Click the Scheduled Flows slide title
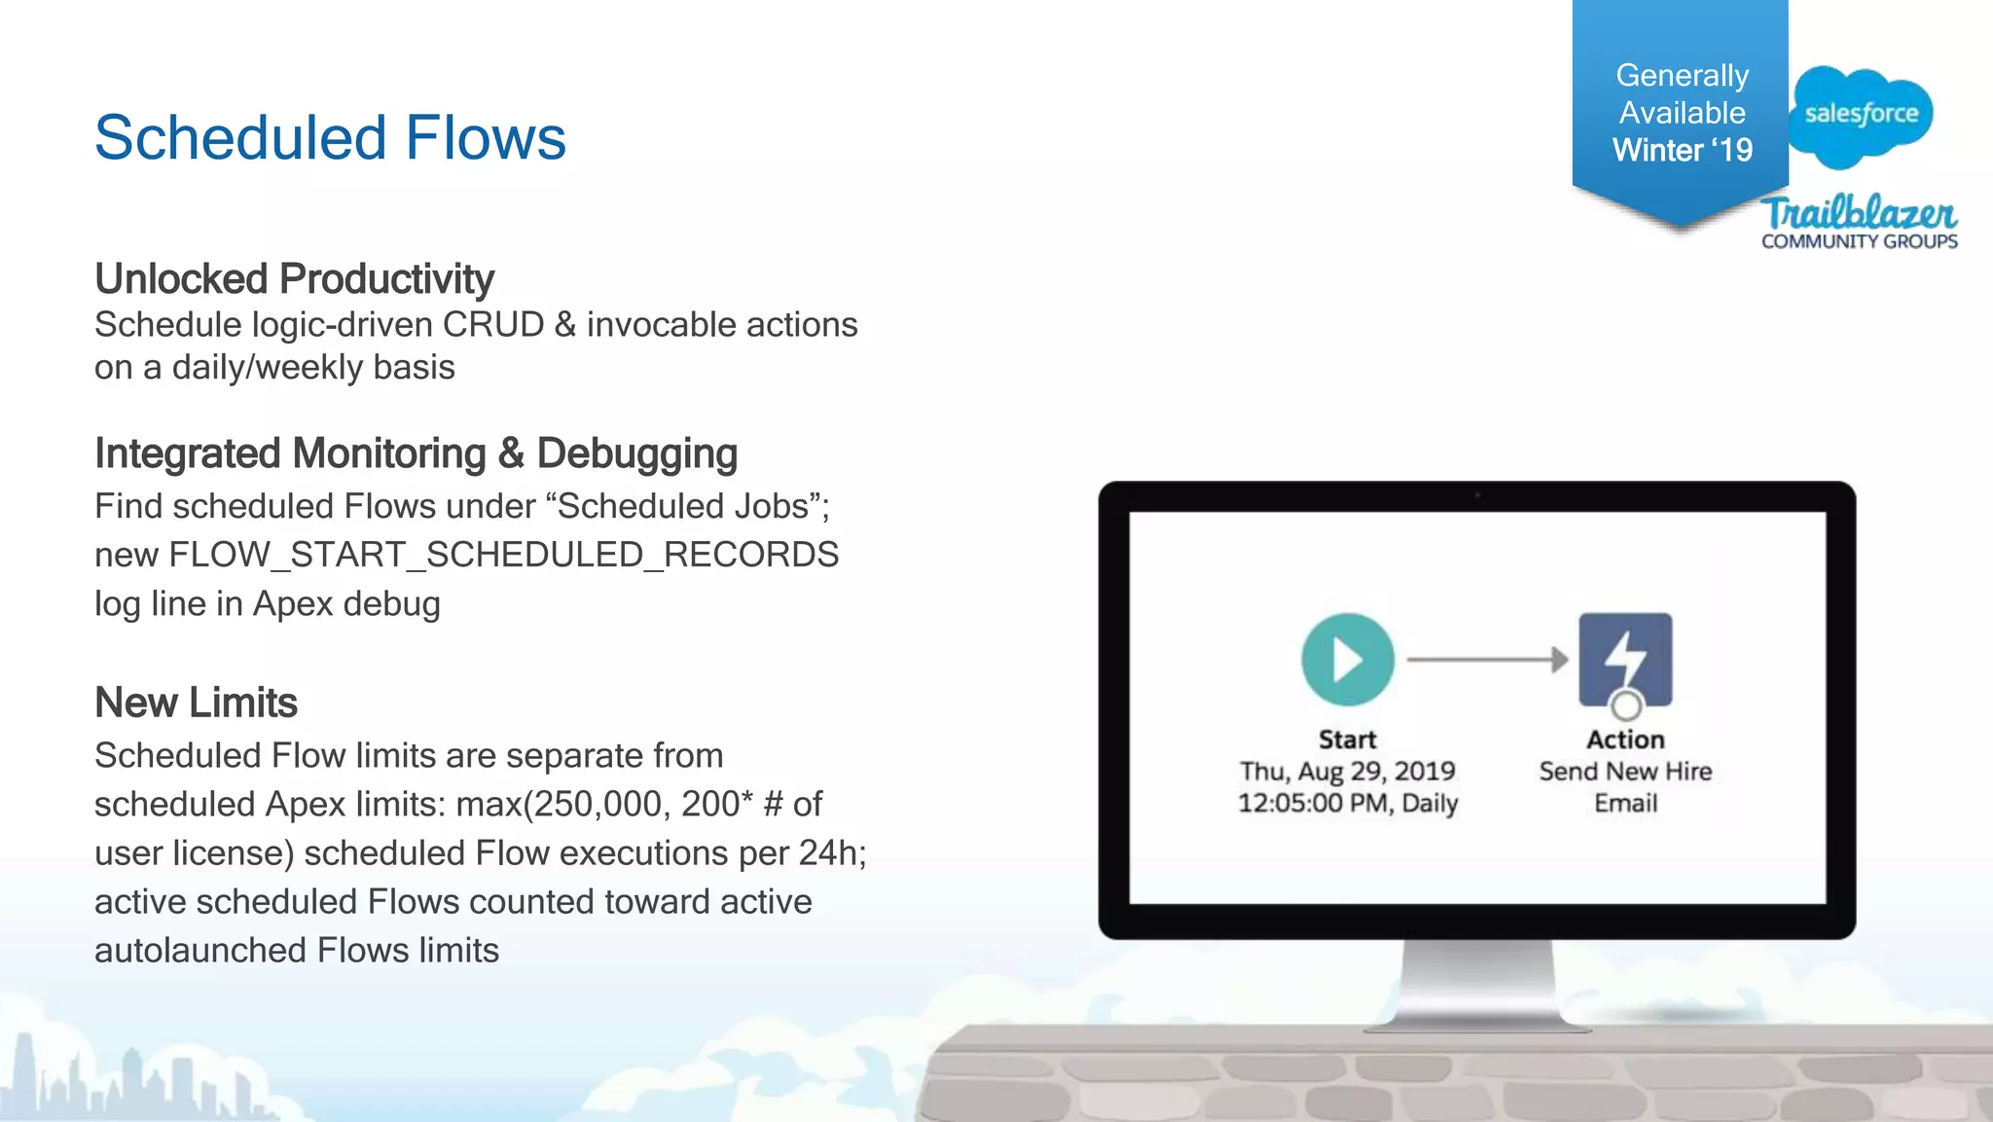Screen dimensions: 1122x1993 click(330, 137)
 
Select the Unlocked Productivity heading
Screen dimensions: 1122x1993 click(294, 279)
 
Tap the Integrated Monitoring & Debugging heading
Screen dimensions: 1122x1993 click(416, 453)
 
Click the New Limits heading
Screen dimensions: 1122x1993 click(196, 703)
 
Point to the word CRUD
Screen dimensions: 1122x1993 click(493, 325)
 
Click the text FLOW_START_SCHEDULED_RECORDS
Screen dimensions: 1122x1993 click(503, 555)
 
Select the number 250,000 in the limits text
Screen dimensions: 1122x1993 click(598, 805)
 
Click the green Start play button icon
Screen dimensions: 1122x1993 click(1348, 660)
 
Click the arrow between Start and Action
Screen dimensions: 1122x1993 click(1487, 660)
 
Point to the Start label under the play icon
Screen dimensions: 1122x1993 click(1348, 740)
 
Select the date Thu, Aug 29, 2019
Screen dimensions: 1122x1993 click(1348, 772)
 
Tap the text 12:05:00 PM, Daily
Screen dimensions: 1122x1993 click(1348, 804)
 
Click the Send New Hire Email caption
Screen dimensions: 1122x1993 click(1625, 787)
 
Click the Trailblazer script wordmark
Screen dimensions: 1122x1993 click(1860, 212)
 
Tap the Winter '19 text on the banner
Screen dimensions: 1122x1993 click(1682, 151)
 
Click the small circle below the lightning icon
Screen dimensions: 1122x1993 click(1625, 705)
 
